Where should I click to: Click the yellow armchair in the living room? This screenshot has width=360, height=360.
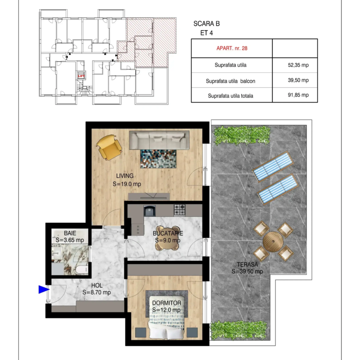tap(109, 147)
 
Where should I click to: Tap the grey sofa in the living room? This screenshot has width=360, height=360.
tap(159, 140)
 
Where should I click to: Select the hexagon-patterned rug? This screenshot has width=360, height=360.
tap(158, 159)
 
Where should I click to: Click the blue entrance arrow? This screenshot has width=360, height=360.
tap(44, 289)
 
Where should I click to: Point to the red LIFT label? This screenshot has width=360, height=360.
tap(81, 76)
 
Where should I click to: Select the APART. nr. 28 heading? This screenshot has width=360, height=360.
tap(232, 48)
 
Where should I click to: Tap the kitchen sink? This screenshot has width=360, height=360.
tap(150, 210)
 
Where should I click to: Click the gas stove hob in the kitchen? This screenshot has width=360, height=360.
tap(180, 210)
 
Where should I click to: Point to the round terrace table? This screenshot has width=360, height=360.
tap(273, 242)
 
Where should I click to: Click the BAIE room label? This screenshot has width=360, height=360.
tap(70, 233)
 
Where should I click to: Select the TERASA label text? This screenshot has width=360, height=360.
tap(247, 264)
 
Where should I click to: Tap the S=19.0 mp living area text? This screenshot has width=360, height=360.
tap(127, 184)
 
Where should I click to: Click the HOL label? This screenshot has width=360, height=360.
tap(97, 285)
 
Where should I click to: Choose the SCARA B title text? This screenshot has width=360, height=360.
tap(207, 24)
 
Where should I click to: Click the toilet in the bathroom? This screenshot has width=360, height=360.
tap(82, 270)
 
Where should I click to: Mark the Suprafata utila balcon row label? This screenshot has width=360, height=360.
tap(230, 81)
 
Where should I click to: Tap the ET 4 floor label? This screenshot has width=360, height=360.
tap(207, 33)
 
